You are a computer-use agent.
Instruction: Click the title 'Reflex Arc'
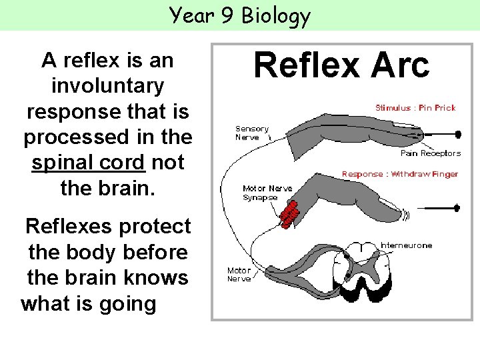341,66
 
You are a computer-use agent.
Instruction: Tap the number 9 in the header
229,15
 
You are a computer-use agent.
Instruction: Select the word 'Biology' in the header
276,15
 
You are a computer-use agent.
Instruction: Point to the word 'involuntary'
107,86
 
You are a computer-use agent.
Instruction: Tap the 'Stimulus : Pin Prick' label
415,108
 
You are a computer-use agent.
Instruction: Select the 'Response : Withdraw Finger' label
400,174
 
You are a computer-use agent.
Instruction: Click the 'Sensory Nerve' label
251,133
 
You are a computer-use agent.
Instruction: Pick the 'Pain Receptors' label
430,153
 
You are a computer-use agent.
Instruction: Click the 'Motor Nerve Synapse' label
267,193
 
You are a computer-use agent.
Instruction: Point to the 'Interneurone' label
406,245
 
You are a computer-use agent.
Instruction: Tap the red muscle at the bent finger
289,213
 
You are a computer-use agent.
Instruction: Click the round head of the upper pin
458,134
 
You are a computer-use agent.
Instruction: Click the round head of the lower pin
456,208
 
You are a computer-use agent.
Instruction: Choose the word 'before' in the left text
153,253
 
